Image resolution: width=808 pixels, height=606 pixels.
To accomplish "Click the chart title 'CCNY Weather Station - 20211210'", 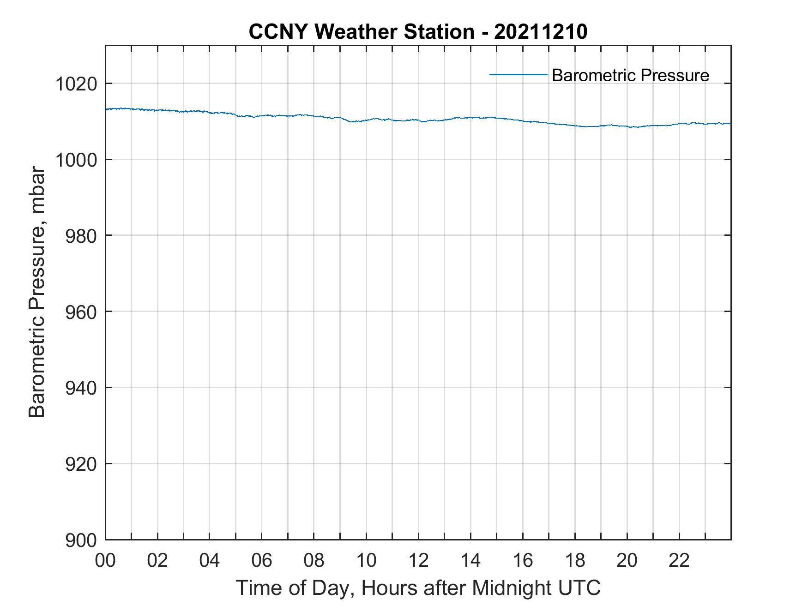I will [418, 32].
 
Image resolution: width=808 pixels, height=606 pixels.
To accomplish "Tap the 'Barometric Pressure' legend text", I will [630, 75].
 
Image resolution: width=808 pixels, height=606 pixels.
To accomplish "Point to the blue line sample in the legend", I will [518, 74].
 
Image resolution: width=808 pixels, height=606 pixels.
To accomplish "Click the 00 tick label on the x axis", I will [105, 560].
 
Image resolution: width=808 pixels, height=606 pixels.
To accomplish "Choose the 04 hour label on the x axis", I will [210, 560].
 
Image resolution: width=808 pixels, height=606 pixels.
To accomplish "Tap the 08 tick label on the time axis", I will [314, 560].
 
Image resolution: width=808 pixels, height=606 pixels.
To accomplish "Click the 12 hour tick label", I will [418, 560].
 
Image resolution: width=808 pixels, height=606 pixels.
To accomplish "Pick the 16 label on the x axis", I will [523, 560].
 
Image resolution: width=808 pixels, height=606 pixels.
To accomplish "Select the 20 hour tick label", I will [627, 560].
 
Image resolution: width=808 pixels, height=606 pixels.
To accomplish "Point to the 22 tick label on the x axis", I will [679, 560].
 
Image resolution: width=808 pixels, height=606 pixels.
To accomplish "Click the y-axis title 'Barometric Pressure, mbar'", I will [37, 293].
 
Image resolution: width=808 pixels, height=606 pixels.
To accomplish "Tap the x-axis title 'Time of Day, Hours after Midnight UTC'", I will [418, 588].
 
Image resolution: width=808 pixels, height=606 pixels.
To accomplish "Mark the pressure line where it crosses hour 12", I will [418, 120].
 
